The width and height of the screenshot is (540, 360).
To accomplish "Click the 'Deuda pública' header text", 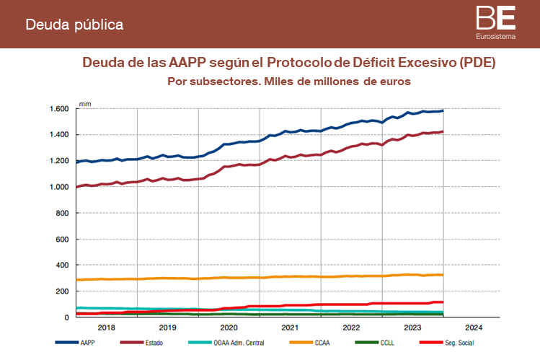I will [x=74, y=25].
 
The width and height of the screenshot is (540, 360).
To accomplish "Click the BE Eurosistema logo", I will [x=495, y=22].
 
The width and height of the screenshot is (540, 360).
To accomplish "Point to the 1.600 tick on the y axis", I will [x=59, y=109].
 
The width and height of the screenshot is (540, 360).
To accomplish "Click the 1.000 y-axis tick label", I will [x=59, y=188].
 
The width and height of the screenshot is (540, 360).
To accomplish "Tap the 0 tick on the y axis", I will [x=66, y=317].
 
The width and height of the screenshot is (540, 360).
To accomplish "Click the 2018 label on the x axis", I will [x=106, y=327].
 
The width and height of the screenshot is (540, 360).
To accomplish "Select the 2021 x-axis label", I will [x=289, y=327].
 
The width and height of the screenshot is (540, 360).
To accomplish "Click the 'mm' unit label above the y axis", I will [x=84, y=104].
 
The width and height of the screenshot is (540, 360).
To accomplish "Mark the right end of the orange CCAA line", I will [x=442, y=275].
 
